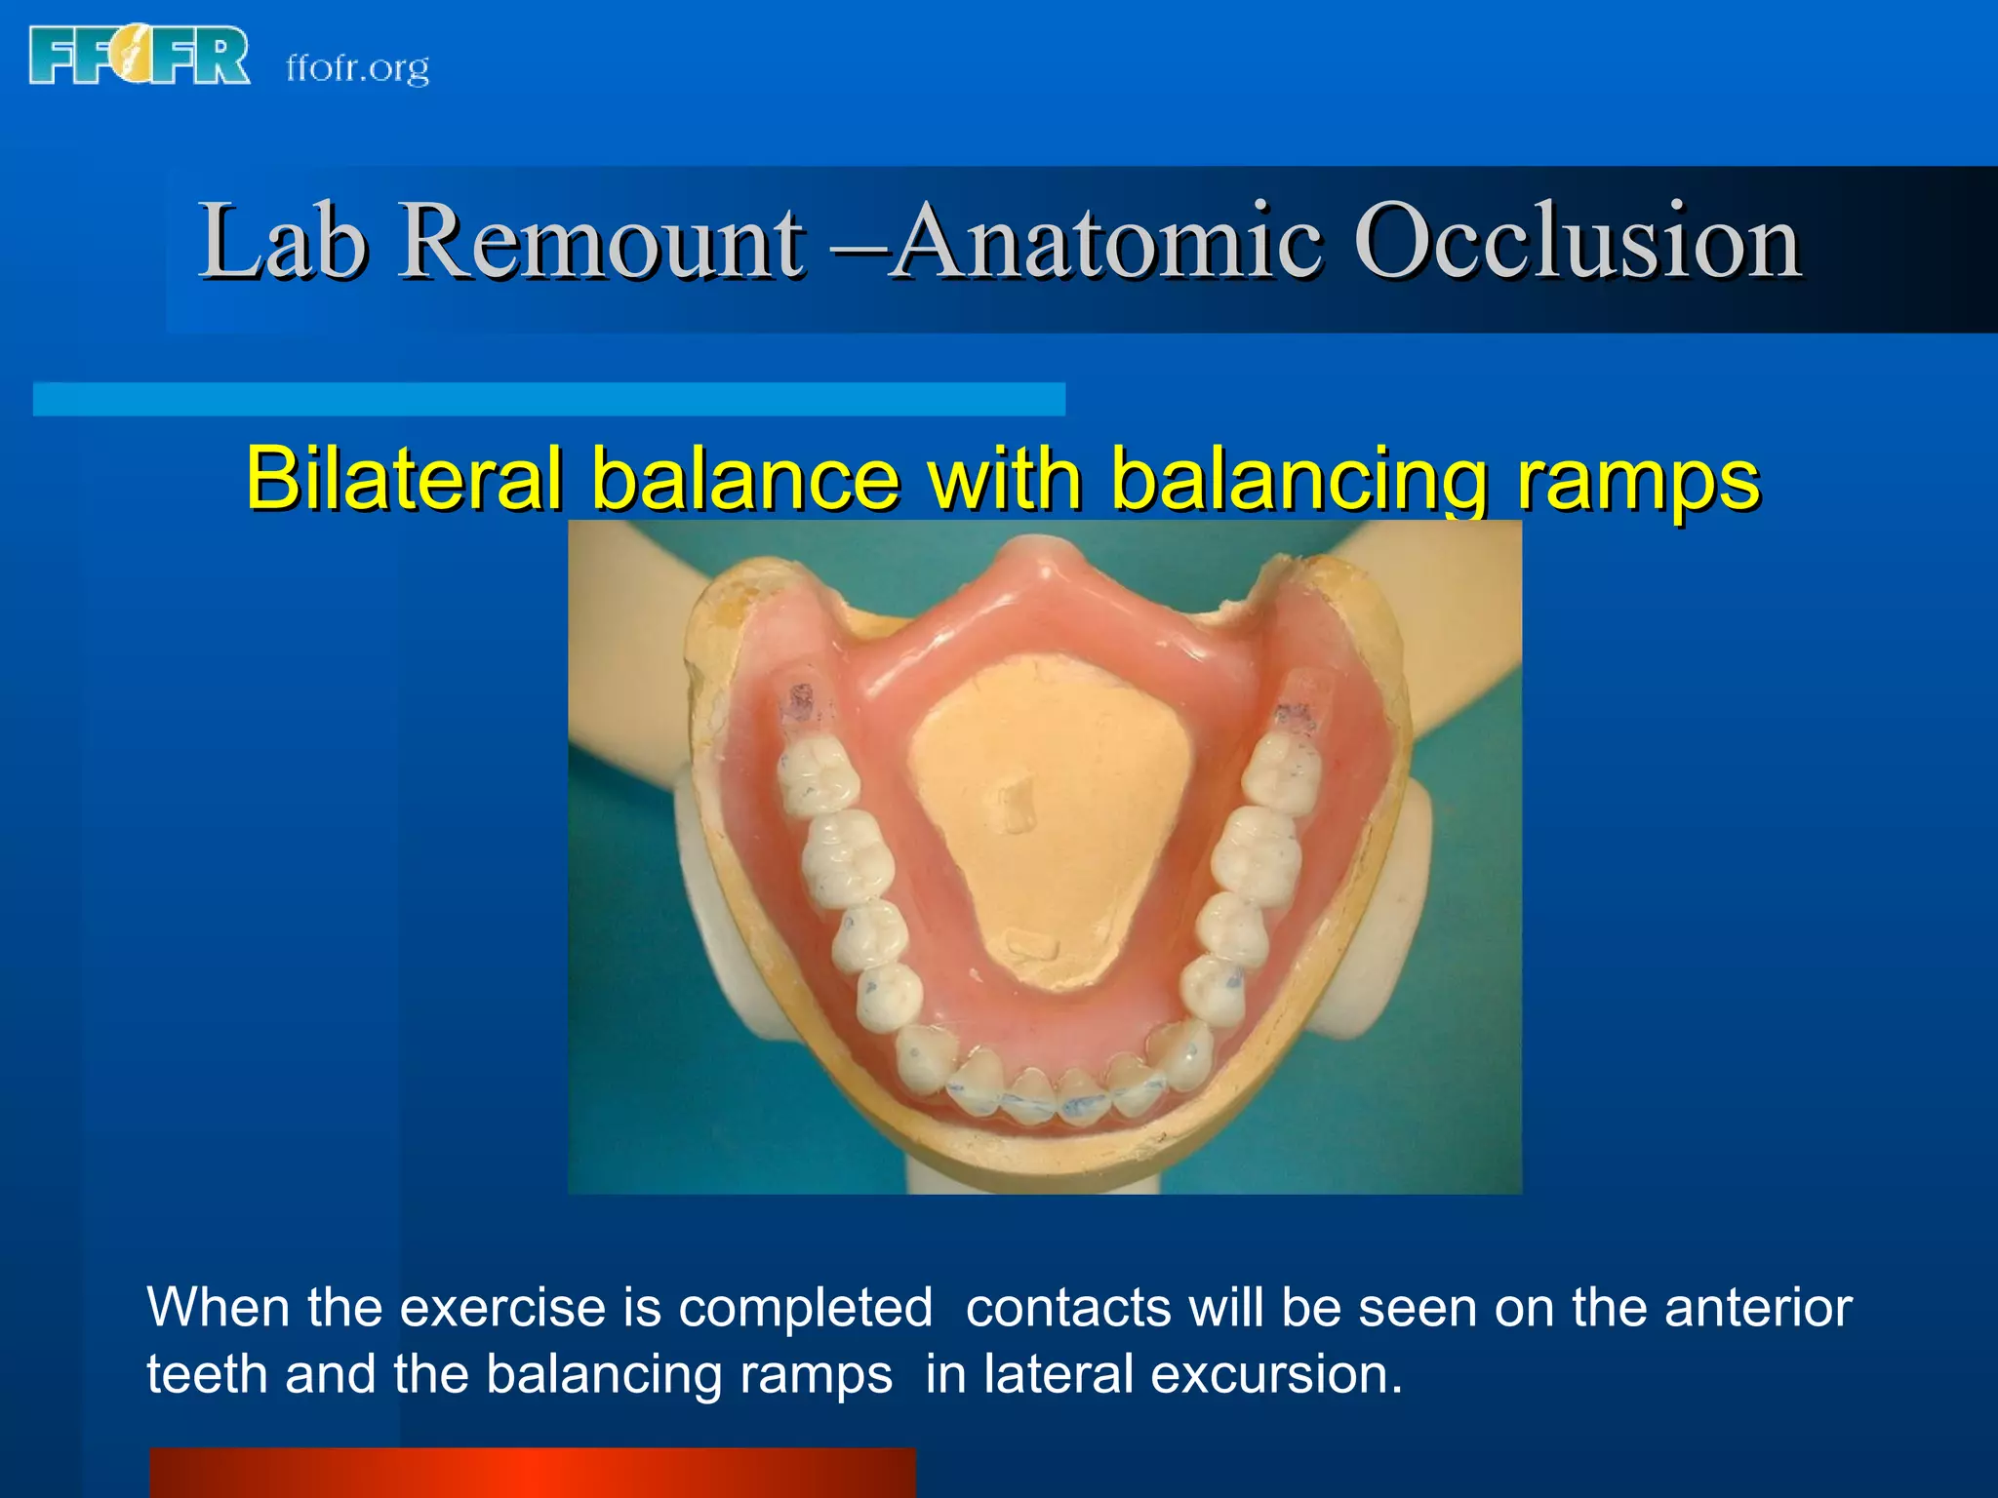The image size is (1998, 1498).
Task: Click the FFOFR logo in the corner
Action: pyautogui.click(x=140, y=56)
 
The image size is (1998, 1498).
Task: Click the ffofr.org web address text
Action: pyautogui.click(x=357, y=68)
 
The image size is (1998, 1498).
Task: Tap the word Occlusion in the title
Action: pyautogui.click(x=1577, y=241)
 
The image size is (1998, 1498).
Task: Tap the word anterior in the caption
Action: pyautogui.click(x=1757, y=1308)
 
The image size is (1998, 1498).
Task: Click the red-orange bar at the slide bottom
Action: pyautogui.click(x=532, y=1473)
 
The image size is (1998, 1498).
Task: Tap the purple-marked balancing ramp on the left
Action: pyautogui.click(x=803, y=704)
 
